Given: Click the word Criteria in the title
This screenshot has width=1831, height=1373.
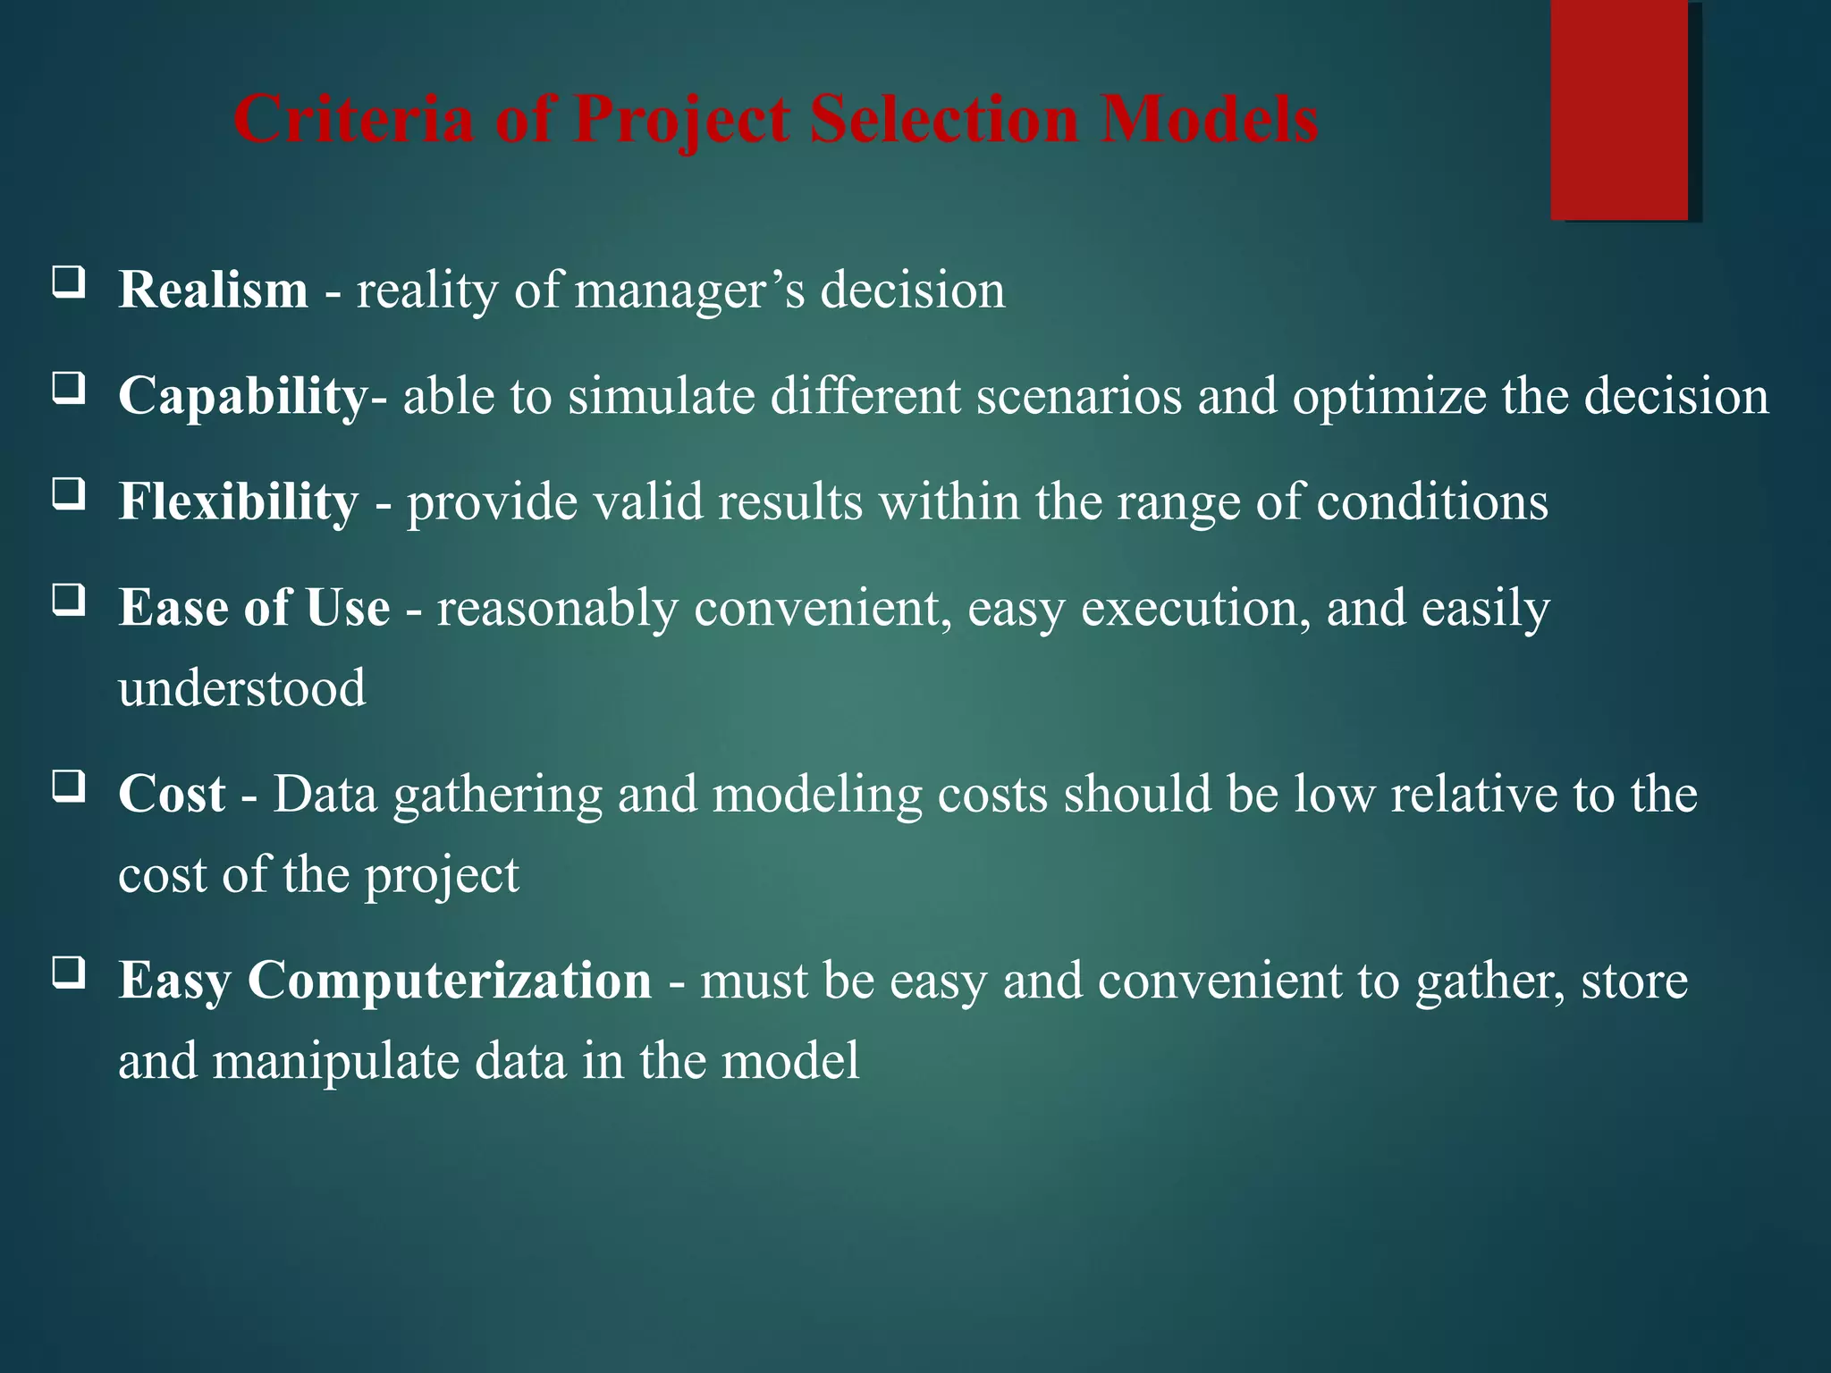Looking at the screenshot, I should (353, 119).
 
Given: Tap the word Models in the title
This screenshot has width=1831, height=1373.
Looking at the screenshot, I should (1209, 119).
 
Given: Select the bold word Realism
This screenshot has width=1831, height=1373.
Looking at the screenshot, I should (213, 291).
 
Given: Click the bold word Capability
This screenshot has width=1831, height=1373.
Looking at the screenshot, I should (242, 397).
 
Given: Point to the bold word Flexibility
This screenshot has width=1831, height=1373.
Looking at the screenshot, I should (238, 501).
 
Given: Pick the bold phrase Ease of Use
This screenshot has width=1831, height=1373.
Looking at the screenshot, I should (254, 608).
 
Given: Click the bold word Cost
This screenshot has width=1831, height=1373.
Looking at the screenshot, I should (171, 794).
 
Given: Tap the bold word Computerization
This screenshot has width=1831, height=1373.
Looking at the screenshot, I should (449, 981).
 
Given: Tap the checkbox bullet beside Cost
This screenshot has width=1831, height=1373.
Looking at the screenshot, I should (69, 786).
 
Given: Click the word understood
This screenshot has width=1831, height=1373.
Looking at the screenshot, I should (241, 688).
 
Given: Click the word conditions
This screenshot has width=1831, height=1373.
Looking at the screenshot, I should (1432, 501).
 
